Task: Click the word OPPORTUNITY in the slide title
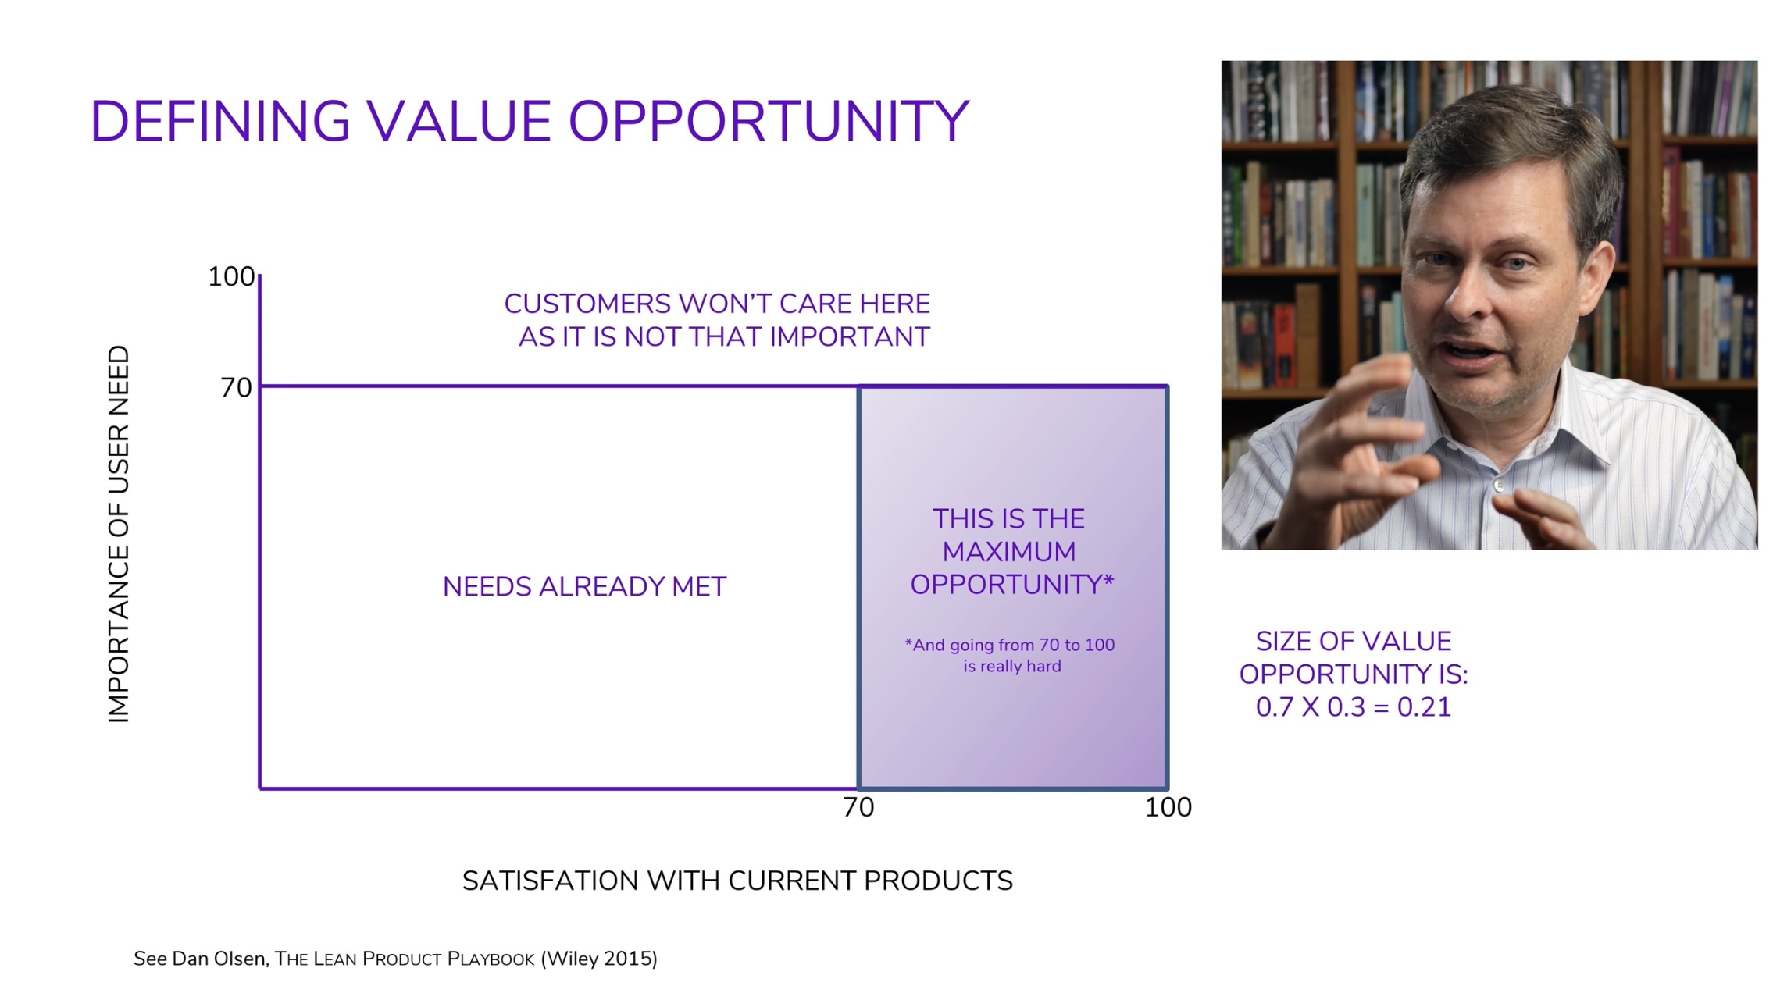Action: click(769, 122)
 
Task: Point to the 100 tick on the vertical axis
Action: click(231, 276)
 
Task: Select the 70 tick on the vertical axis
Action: click(236, 387)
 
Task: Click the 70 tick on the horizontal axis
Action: click(858, 807)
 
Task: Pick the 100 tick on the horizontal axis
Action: click(1168, 807)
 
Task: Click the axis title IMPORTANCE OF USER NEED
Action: click(118, 534)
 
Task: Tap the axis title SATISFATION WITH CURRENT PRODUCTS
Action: click(737, 881)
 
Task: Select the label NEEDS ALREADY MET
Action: click(584, 586)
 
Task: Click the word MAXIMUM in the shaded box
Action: click(1008, 552)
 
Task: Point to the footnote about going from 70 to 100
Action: click(1010, 655)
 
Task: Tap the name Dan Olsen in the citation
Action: click(218, 959)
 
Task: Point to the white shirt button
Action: click(1497, 486)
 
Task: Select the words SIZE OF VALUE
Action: click(1354, 642)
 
